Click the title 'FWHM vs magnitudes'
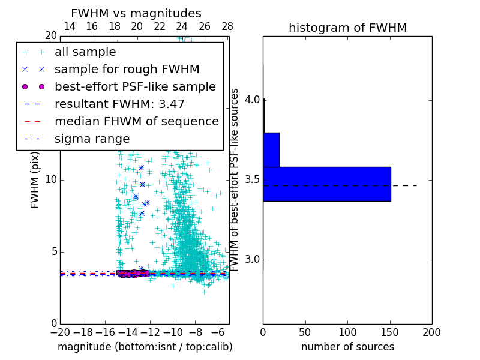tap(136, 14)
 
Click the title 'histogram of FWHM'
tap(347, 28)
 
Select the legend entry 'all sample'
tap(85, 52)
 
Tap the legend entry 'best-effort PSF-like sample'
tap(135, 87)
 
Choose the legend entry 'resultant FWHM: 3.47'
tap(119, 104)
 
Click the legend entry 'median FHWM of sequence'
tap(137, 122)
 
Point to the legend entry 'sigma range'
tap(92, 139)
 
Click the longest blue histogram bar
tap(327, 184)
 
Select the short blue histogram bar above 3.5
tap(271, 149)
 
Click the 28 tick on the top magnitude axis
tap(227, 26)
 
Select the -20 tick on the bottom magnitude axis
tap(60, 332)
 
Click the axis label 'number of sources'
tap(347, 347)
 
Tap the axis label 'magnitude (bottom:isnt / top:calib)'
tap(145, 347)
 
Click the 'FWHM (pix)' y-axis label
tap(35, 180)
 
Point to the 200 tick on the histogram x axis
tap(431, 332)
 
